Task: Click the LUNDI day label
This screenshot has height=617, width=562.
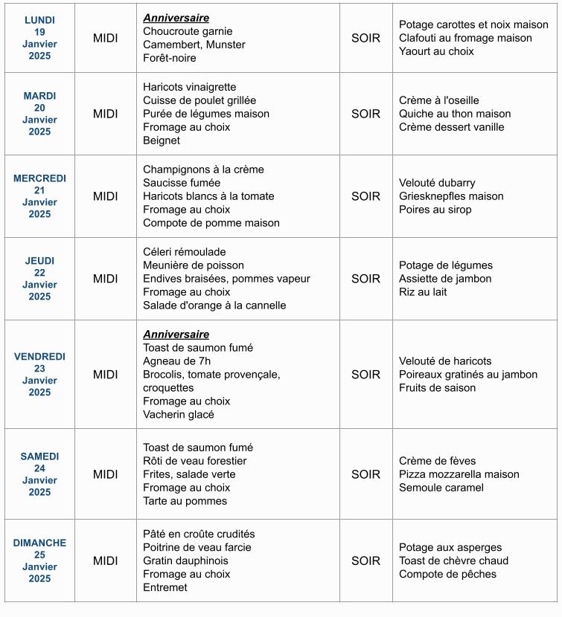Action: tap(39, 20)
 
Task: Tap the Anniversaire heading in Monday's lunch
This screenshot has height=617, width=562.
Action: tap(176, 18)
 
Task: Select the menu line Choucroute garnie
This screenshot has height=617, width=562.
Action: tap(188, 31)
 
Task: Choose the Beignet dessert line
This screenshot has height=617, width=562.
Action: tap(162, 140)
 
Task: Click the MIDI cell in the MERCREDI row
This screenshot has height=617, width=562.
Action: tap(105, 196)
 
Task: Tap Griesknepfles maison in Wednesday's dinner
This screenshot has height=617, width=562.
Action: tap(451, 196)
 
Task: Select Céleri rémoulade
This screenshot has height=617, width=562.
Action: tap(184, 252)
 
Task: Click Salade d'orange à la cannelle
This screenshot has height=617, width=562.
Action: tap(214, 306)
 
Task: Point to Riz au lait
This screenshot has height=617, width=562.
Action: tap(423, 292)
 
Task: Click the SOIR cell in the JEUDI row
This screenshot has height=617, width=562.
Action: tap(365, 279)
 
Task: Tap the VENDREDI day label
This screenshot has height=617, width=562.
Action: tap(39, 357)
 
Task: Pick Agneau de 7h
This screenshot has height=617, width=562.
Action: tap(177, 361)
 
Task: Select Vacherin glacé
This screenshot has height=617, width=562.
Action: tap(179, 415)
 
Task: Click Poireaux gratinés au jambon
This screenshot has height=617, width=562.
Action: tap(468, 375)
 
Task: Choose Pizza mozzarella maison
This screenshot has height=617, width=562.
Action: tap(459, 474)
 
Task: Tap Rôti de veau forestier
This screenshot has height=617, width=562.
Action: tap(194, 461)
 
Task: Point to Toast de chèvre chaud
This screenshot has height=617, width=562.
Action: tap(453, 561)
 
